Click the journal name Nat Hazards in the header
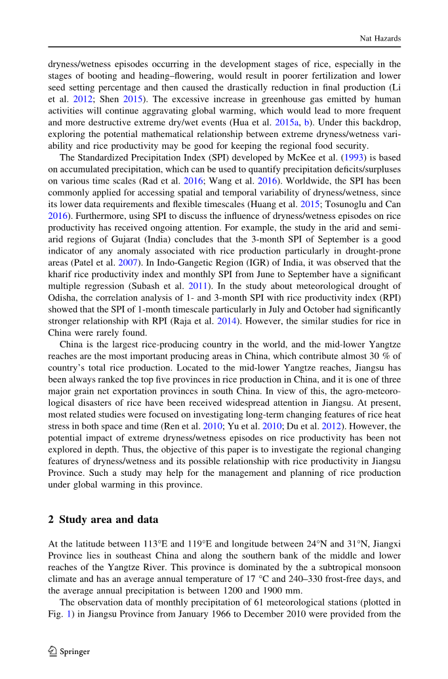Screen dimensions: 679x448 pos(380,39)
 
